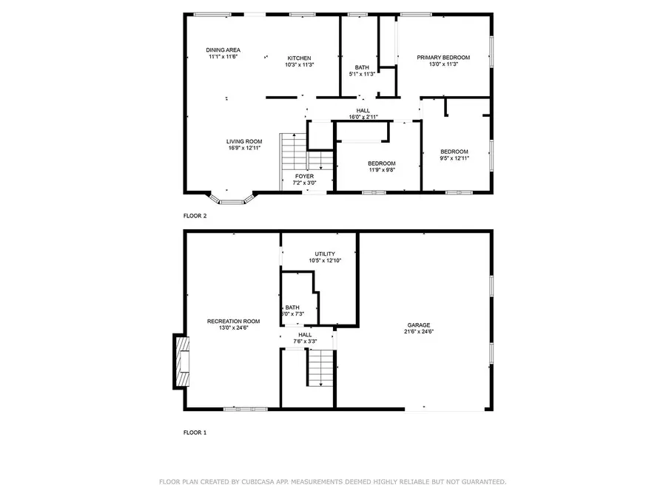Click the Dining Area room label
pyautogui.click(x=223, y=50)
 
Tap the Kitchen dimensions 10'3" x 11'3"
pyautogui.click(x=299, y=65)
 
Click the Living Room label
pyautogui.click(x=244, y=141)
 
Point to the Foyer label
pyautogui.click(x=303, y=176)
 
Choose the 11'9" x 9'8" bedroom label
pyautogui.click(x=381, y=163)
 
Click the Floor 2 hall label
pyautogui.click(x=363, y=110)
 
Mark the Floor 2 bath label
pyautogui.click(x=361, y=67)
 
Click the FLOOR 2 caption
pyautogui.click(x=195, y=217)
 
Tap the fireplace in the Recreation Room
pyautogui.click(x=181, y=361)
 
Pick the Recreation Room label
pyautogui.click(x=233, y=321)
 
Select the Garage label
pyautogui.click(x=418, y=325)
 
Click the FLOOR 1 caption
pyautogui.click(x=195, y=432)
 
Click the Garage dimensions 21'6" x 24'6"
pyautogui.click(x=418, y=332)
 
